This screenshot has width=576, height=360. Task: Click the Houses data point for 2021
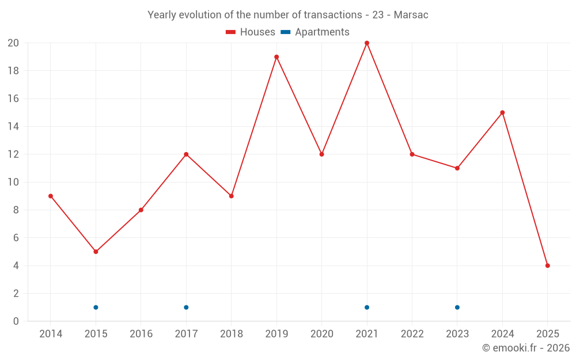[367, 43]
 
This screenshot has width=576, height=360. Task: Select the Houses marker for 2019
[276, 57]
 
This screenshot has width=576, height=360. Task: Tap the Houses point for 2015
[96, 252]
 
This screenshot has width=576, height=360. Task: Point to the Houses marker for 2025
[548, 266]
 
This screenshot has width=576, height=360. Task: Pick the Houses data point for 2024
[502, 112]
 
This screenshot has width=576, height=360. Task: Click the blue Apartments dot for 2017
[186, 307]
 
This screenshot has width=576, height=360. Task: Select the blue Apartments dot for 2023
[457, 307]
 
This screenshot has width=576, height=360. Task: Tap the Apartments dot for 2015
[96, 307]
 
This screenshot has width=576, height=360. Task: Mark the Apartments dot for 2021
[367, 307]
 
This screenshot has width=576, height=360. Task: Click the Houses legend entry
[251, 32]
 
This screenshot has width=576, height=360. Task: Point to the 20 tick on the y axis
[13, 43]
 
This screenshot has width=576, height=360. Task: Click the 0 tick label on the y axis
[16, 321]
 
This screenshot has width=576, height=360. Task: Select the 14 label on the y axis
[13, 127]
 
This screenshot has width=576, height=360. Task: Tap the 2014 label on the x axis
[51, 334]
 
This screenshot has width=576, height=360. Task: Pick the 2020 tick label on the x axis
[321, 334]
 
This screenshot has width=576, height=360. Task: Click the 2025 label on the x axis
[548, 334]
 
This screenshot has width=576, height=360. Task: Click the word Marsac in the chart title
[411, 15]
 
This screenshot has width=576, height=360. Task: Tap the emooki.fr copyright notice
[526, 348]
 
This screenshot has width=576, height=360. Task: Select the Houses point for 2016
[141, 210]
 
